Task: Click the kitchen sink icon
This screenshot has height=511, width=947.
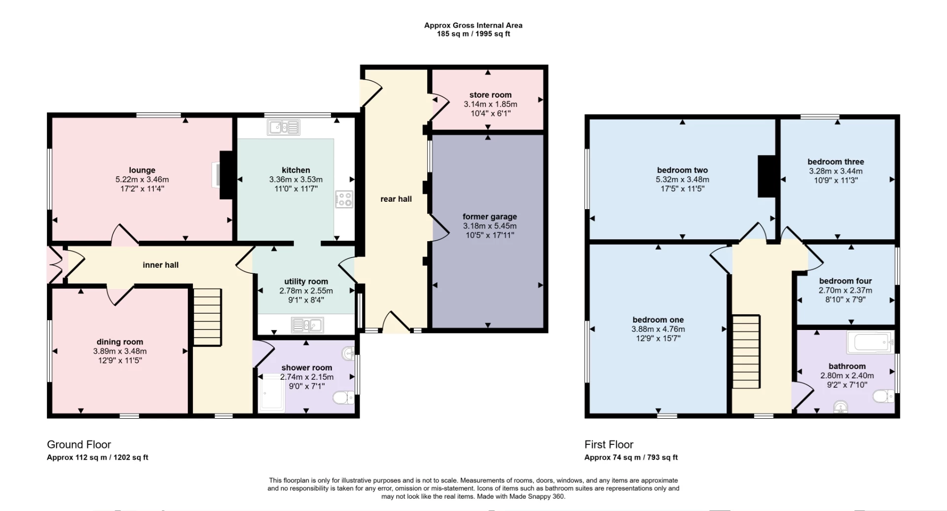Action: tap(284, 127)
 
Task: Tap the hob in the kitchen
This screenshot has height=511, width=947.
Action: tap(344, 199)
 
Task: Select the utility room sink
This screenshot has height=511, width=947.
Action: tap(307, 325)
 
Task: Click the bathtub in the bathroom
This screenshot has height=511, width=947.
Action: tap(871, 342)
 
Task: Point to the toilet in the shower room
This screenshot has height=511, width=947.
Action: tap(343, 397)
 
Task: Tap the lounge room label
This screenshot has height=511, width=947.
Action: tap(142, 170)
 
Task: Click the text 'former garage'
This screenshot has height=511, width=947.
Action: tap(489, 217)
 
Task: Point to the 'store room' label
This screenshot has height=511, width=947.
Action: tap(490, 95)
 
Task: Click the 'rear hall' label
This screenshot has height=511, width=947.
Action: tap(396, 199)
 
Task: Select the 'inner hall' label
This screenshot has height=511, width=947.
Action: tap(160, 265)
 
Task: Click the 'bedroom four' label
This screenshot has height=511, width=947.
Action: tap(845, 281)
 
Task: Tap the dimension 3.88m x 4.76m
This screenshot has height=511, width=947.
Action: tap(658, 329)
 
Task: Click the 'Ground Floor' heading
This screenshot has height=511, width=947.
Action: tap(79, 444)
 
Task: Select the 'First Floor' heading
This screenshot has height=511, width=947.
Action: tap(609, 444)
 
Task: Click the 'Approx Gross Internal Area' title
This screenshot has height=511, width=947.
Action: tap(473, 25)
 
